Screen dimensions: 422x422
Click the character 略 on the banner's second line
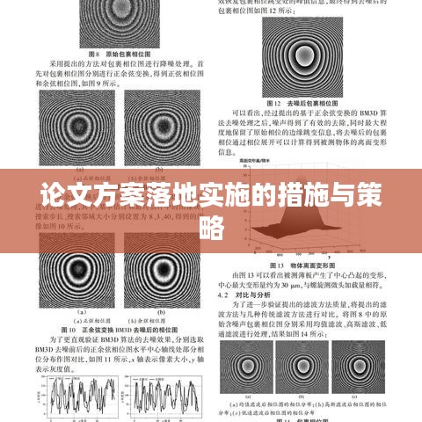click(211, 229)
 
